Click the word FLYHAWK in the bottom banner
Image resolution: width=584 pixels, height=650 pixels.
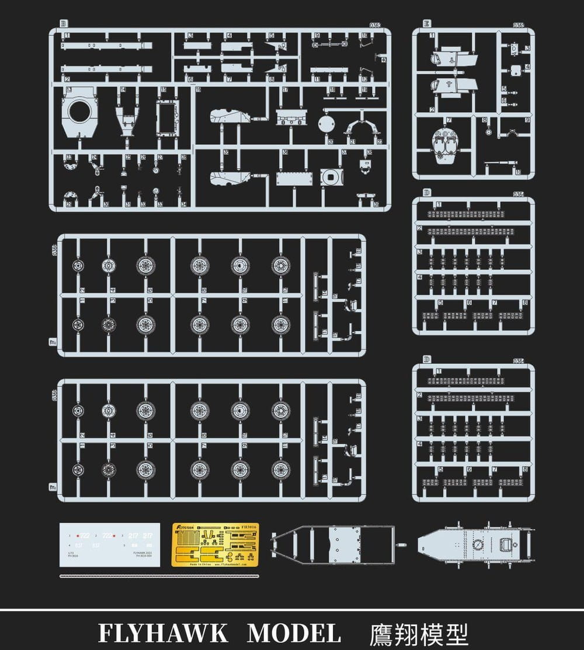click(164, 633)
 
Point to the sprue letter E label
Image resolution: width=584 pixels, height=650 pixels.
click(427, 25)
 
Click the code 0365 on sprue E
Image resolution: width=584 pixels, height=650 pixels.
click(518, 25)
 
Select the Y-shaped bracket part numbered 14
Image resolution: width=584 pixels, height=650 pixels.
click(125, 116)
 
